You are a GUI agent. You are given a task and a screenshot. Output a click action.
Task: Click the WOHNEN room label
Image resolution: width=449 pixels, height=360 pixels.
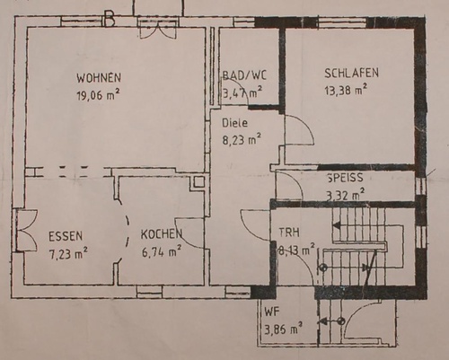[x=99, y=78]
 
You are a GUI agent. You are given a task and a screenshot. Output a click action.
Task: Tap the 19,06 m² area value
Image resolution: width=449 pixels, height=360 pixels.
[x=99, y=95]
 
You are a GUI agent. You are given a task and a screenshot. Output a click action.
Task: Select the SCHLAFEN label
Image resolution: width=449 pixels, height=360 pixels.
[x=352, y=73]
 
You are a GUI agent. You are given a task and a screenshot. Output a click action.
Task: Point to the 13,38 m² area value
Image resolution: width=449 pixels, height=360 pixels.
[x=346, y=90]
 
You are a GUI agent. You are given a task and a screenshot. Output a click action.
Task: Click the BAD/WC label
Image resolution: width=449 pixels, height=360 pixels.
[x=244, y=75]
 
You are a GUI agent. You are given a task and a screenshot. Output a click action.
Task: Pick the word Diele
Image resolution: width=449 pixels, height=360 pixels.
[x=235, y=123]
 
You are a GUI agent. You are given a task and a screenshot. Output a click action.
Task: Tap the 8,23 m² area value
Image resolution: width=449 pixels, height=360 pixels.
[x=242, y=140]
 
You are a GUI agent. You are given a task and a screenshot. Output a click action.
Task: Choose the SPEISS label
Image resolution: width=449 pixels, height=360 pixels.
[x=345, y=178]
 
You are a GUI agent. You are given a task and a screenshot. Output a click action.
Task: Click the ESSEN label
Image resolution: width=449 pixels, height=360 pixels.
[x=66, y=236]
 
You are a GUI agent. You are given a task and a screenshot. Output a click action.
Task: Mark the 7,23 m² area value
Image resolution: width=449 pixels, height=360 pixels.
[x=68, y=253]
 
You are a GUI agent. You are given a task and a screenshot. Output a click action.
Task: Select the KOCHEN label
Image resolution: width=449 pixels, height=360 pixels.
[x=162, y=234]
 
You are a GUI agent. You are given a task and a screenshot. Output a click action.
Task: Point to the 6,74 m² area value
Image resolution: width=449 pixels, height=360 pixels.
[x=162, y=251]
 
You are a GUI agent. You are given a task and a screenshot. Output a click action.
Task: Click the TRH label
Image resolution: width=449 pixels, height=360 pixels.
[x=289, y=233]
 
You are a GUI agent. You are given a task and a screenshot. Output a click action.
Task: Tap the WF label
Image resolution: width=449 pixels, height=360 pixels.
[x=272, y=312]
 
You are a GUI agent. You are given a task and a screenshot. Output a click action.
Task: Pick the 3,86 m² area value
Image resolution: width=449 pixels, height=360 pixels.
[x=283, y=329]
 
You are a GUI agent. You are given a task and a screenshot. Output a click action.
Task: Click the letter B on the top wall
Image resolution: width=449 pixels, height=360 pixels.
[x=110, y=20]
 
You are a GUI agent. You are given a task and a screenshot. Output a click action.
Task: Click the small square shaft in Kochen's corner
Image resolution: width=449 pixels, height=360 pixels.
[x=198, y=182]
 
